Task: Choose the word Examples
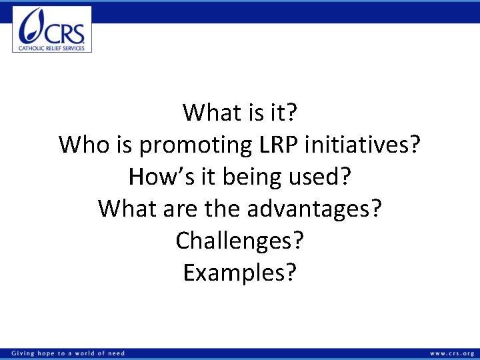(x=233, y=273)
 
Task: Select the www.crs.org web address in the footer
(x=452, y=353)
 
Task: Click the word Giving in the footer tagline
(x=23, y=353)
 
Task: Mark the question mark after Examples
(x=290, y=273)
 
